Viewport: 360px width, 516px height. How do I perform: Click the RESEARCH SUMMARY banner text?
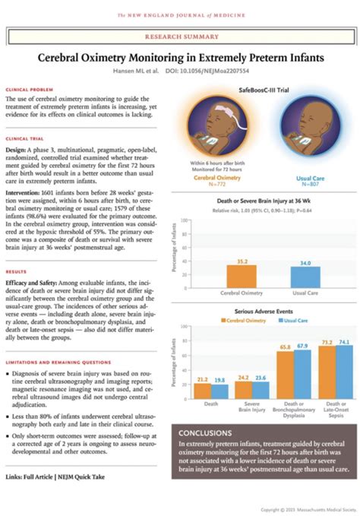[x=180, y=36]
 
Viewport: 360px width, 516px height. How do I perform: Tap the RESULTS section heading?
[x=16, y=271]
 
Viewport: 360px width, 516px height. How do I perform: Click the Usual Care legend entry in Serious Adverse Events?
[x=297, y=320]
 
